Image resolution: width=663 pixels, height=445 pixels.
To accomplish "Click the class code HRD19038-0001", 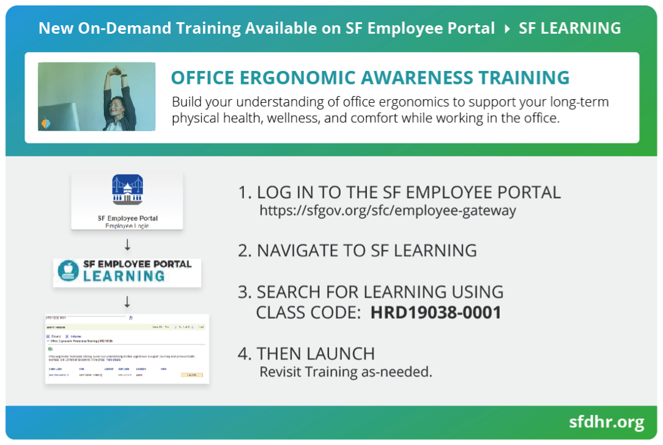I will [x=435, y=312].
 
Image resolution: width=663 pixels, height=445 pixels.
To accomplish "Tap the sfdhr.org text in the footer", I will [x=606, y=422].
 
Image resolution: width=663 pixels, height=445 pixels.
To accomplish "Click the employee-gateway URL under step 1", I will [x=388, y=211].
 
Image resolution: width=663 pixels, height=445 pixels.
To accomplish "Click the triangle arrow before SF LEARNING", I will [x=507, y=28].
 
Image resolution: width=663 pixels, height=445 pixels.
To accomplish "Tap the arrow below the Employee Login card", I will [x=127, y=245].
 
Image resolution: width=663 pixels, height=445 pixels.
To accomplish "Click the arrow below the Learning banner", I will [x=127, y=302].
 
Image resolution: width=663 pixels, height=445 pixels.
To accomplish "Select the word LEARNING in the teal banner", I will [x=124, y=276].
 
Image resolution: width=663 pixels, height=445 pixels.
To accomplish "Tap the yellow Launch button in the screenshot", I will [x=192, y=375].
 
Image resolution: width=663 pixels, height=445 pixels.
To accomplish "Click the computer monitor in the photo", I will [x=52, y=116].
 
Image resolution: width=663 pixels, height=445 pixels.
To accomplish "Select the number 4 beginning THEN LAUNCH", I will [x=243, y=354].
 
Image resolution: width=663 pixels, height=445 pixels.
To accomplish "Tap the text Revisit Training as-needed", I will [x=346, y=372].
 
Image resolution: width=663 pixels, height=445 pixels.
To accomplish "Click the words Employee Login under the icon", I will [x=127, y=226].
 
